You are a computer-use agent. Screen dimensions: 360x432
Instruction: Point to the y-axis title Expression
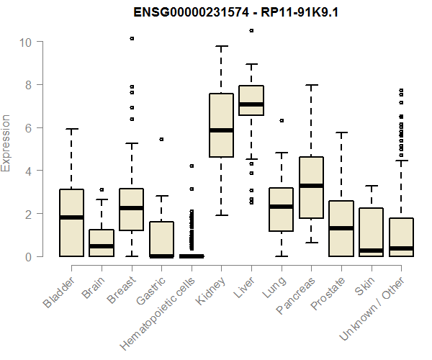pos(6,143)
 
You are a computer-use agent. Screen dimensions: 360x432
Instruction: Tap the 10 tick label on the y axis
pos(26,42)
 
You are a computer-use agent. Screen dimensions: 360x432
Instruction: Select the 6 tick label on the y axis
pos(26,127)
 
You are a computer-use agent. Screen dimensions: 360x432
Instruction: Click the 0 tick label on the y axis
pos(26,256)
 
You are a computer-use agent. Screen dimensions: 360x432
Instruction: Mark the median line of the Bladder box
pos(71,217)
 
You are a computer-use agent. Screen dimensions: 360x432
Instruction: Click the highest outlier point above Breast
pos(132,38)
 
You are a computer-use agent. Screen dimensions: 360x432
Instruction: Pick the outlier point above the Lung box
pos(282,120)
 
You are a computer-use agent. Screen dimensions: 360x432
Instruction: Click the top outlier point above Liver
pos(251,30)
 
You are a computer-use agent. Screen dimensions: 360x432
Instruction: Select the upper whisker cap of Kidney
pos(221,46)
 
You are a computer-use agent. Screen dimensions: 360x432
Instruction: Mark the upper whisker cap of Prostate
pos(341,132)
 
